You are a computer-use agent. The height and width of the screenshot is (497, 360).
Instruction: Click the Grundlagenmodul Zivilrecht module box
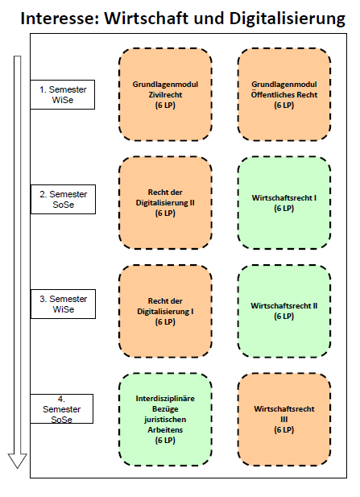[165, 94]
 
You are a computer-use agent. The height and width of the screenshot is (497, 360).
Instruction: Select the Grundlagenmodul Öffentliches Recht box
[284, 94]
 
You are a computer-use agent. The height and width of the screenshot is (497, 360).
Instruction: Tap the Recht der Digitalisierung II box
[165, 203]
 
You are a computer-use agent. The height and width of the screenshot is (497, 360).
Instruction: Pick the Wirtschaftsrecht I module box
[284, 203]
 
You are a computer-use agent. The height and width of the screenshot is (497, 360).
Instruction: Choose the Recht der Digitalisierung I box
[165, 311]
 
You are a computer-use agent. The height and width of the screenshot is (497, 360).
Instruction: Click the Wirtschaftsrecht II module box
[284, 311]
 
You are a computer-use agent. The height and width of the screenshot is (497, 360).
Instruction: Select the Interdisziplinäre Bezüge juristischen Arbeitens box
[165, 420]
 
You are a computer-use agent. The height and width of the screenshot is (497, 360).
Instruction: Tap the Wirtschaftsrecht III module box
[284, 420]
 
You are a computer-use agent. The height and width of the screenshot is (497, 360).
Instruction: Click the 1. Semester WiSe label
[63, 94]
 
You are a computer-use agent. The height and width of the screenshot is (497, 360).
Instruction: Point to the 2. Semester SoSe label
[63, 200]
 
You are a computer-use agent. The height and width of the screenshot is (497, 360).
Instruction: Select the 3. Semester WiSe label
[63, 304]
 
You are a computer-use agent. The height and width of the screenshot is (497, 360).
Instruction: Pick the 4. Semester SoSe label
[62, 409]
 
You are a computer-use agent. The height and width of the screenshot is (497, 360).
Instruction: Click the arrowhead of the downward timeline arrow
[18, 461]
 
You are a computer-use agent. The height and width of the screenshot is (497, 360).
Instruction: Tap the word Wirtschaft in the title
[147, 18]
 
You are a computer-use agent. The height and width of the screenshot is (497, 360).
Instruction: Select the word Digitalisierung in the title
[288, 19]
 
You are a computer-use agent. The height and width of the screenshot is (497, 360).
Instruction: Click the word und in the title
[209, 19]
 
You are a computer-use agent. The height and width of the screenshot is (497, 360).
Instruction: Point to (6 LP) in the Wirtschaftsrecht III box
[284, 430]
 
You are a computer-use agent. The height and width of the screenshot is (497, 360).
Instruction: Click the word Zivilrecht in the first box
[165, 94]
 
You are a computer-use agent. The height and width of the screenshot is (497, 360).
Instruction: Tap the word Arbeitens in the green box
[165, 430]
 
